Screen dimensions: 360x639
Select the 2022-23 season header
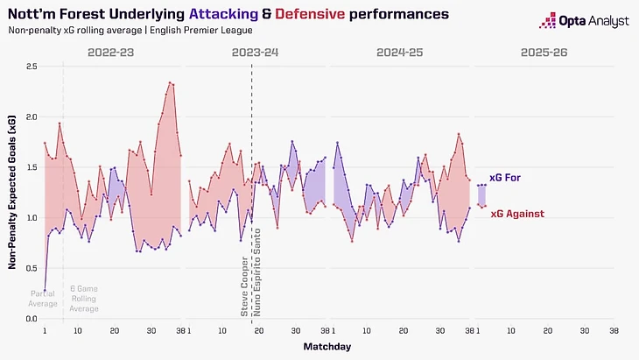112,53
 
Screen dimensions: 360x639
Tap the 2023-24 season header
256,53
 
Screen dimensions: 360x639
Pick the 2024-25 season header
401,53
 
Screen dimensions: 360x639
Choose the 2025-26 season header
544,53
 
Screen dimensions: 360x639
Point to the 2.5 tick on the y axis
31,67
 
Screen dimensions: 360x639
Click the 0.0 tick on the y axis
31,320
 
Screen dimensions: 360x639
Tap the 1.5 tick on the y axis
31,167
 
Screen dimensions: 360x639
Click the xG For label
505,178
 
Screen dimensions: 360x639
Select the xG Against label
516,214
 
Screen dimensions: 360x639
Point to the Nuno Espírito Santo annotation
258,277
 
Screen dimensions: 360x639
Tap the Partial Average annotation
44,298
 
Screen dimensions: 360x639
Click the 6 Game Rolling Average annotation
84,298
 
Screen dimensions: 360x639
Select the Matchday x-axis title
328,348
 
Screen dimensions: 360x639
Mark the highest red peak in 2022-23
170,83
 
